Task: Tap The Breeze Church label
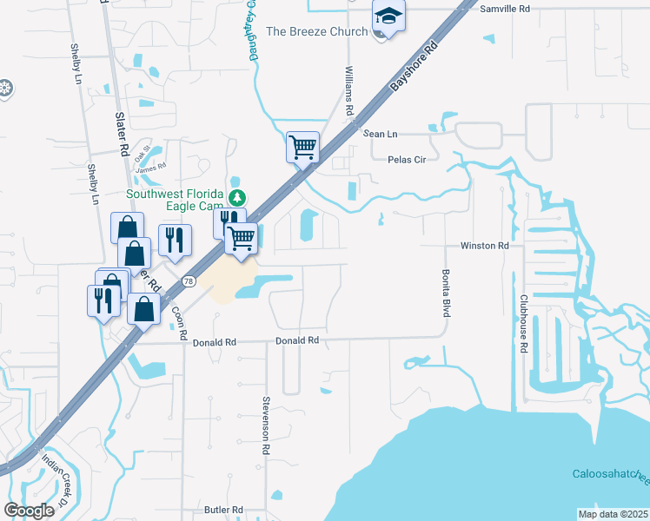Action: tap(317, 31)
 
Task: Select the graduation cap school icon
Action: tap(388, 16)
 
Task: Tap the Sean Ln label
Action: tap(380, 134)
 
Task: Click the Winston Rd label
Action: tap(484, 246)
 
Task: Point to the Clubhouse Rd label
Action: tap(524, 322)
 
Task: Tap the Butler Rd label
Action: tap(223, 510)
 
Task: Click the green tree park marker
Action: tap(237, 197)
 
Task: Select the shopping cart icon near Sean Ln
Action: tap(302, 147)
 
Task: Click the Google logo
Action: tap(29, 511)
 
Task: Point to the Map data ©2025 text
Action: tap(612, 514)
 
